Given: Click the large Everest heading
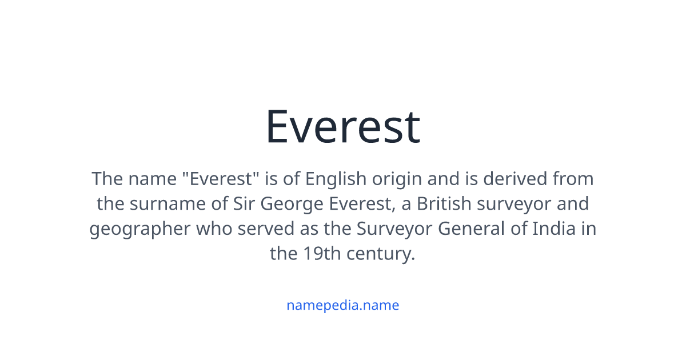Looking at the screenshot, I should tap(343, 127).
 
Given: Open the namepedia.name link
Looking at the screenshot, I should tap(343, 305).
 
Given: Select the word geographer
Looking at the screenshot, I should tap(140, 229).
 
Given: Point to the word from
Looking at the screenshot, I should tap(573, 179).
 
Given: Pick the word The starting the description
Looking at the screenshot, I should tap(107, 179).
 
